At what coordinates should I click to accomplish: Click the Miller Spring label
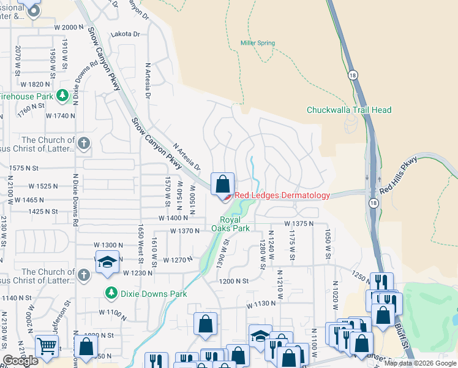[x=257, y=43]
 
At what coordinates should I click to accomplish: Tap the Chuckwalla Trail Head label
[x=348, y=110]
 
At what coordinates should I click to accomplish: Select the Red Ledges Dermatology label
[x=282, y=196]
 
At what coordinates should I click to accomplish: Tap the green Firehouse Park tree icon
[x=62, y=96]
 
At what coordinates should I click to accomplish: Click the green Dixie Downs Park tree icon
[x=110, y=293]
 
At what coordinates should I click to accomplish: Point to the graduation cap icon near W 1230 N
[x=107, y=262]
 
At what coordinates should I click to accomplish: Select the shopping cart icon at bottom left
[x=47, y=346]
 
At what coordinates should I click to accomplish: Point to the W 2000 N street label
[x=69, y=27]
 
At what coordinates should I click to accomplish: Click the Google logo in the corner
[x=20, y=361]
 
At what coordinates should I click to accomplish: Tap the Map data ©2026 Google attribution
[x=420, y=363]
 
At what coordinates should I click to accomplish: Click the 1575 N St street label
[x=24, y=167]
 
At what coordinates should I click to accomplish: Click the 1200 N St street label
[x=235, y=280]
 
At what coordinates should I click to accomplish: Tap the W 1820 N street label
[x=35, y=83]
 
